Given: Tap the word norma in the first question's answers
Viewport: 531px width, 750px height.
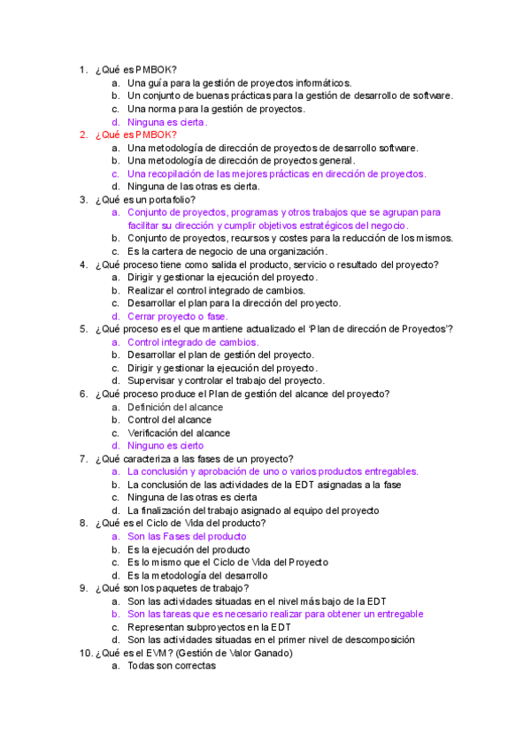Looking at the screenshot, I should [x=163, y=109].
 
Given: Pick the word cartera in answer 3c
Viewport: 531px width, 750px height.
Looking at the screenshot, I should [x=165, y=251].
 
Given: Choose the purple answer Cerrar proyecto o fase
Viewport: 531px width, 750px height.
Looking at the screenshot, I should [x=177, y=316].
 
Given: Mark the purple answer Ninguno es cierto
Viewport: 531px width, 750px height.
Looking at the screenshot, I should [x=165, y=446].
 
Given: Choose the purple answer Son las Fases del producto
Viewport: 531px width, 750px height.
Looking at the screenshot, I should [x=187, y=536].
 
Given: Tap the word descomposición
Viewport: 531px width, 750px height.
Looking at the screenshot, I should [x=373, y=639].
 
